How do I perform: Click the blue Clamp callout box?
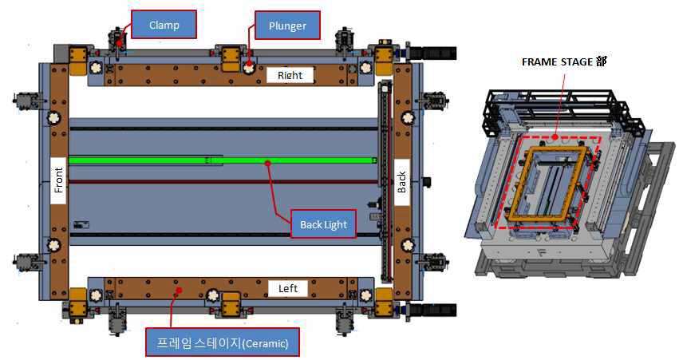point(164,25)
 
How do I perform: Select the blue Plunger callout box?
point(287,26)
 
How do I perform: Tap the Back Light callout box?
point(323,224)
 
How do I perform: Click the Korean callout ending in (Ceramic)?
point(222,342)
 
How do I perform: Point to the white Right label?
point(290,74)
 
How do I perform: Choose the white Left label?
point(288,288)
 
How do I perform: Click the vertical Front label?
point(58,180)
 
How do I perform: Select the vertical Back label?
point(401,182)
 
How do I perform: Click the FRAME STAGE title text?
point(564,61)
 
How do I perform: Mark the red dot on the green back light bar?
point(267,163)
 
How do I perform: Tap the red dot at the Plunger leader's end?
point(249,64)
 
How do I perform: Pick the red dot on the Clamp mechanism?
point(119,43)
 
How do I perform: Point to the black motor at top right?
point(432,53)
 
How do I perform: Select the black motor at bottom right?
point(432,311)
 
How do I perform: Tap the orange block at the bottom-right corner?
point(384,303)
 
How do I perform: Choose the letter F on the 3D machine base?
point(540,252)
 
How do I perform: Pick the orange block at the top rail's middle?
point(231,58)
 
